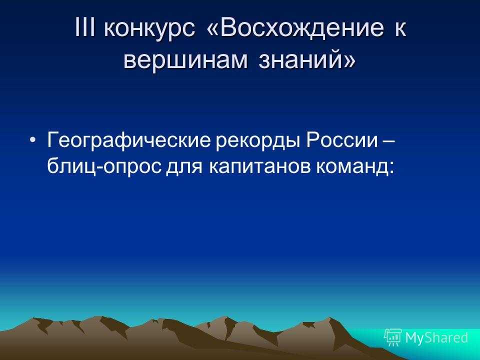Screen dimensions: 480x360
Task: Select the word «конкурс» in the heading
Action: coord(149,30)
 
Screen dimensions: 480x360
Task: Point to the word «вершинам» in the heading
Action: coord(185,59)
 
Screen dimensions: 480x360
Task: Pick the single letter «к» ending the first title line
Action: coord(400,30)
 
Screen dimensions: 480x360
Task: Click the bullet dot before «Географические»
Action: coord(33,140)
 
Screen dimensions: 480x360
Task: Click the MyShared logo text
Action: coord(436,337)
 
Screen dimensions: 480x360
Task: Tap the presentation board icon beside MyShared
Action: coord(393,337)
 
